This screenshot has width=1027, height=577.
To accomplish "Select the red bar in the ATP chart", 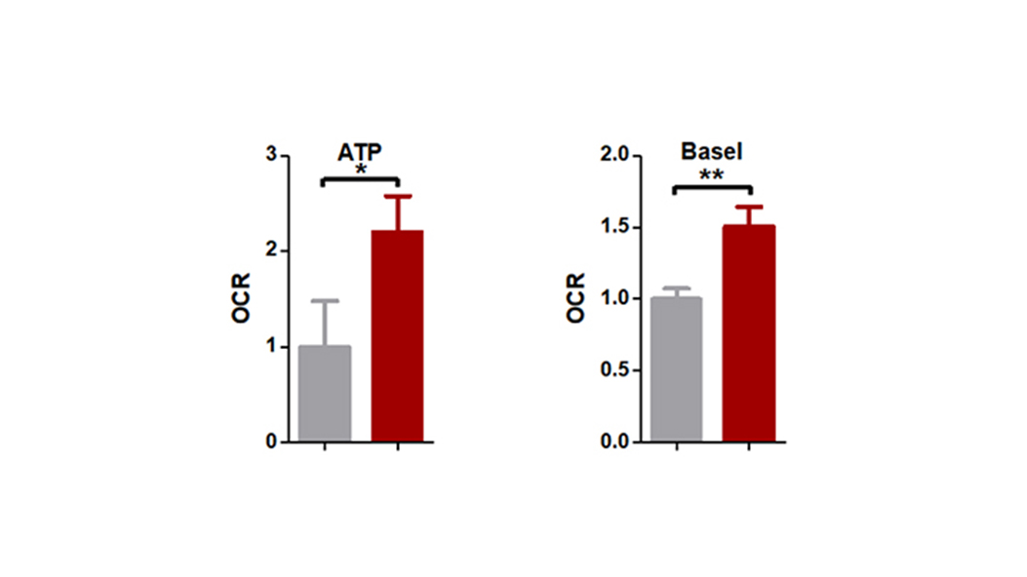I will click(x=398, y=336).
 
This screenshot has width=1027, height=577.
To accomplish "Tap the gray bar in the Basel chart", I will click(x=675, y=369).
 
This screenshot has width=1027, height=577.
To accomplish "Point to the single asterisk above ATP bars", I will click(x=361, y=171).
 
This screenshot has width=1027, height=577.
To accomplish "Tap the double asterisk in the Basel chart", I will click(x=711, y=176).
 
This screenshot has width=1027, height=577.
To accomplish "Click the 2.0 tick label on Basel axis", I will click(x=616, y=156).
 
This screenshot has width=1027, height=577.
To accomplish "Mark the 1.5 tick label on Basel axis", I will click(x=616, y=228).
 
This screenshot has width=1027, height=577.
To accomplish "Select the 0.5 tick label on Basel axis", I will click(x=616, y=370).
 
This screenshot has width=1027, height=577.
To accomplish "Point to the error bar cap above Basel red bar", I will click(x=749, y=207).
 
